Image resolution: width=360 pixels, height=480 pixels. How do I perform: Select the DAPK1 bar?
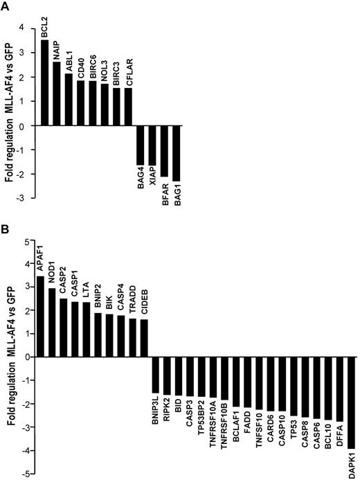[x=351, y=403]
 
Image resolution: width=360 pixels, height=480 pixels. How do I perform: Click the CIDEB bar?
[x=144, y=338]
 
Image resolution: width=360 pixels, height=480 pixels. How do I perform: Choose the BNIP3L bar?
[x=156, y=375]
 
